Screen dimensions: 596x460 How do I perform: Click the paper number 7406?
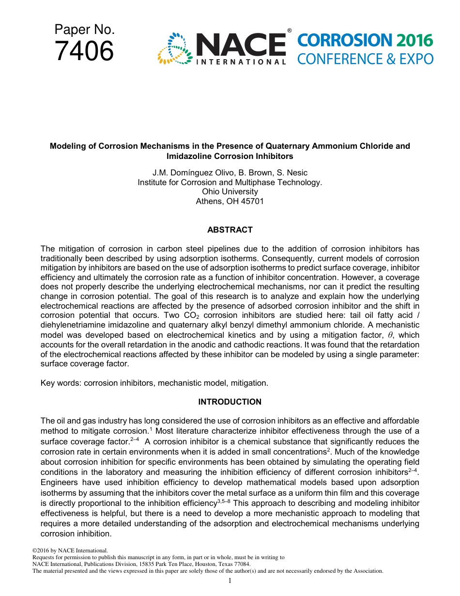point(84,51)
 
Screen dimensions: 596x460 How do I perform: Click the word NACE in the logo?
point(241,45)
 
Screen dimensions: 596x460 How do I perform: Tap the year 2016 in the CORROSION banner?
point(413,41)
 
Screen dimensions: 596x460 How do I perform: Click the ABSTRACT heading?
point(230,230)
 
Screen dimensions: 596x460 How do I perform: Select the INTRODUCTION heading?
point(230,402)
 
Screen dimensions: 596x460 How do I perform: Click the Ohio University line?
point(230,191)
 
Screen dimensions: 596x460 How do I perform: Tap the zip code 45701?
point(253,201)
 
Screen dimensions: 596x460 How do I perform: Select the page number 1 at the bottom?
point(230,580)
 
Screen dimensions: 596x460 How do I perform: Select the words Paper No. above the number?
point(84,30)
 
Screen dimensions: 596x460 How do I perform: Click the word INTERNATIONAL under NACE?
point(241,62)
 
